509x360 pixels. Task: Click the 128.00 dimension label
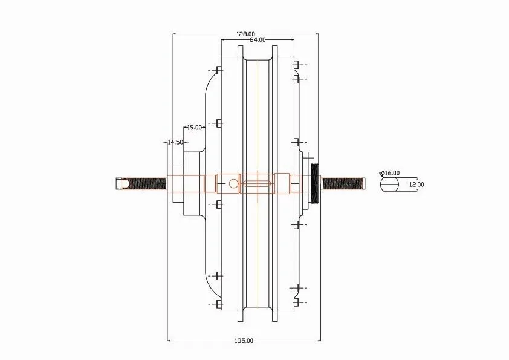[x=245, y=34]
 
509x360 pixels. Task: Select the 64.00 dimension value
[x=257, y=40]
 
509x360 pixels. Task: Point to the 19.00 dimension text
[x=193, y=128]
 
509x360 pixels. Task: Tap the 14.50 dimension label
[x=175, y=142]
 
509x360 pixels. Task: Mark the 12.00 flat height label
[x=417, y=185]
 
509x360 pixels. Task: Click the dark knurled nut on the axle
[x=314, y=182]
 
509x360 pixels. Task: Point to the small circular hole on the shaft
[x=232, y=182]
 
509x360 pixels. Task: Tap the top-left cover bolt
[x=219, y=70]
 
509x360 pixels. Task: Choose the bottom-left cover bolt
[x=219, y=303]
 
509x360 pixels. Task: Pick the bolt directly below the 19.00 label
[x=219, y=124]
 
